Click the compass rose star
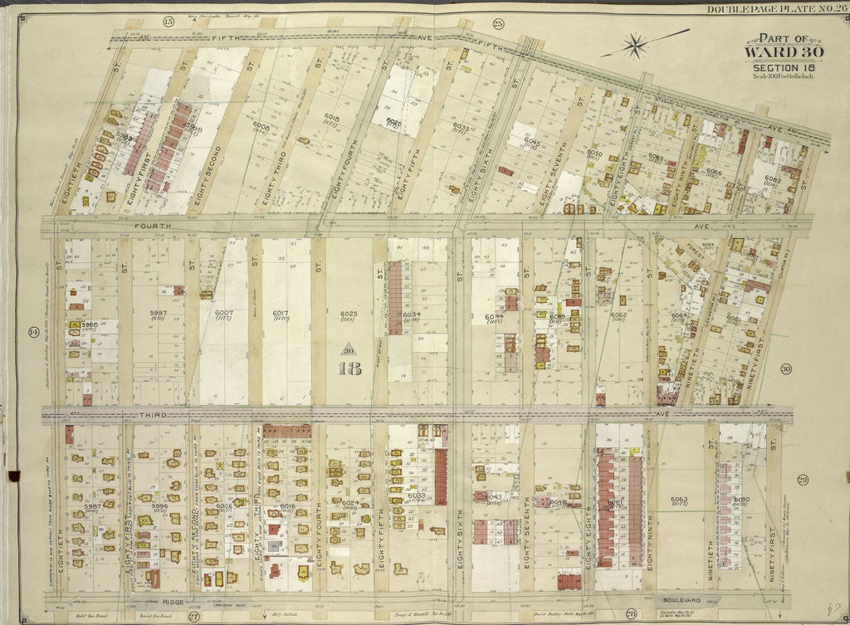tap(637, 45)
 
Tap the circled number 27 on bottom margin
tap(193, 615)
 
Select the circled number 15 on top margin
tap(169, 21)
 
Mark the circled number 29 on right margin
tap(802, 480)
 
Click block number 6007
tap(223, 314)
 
